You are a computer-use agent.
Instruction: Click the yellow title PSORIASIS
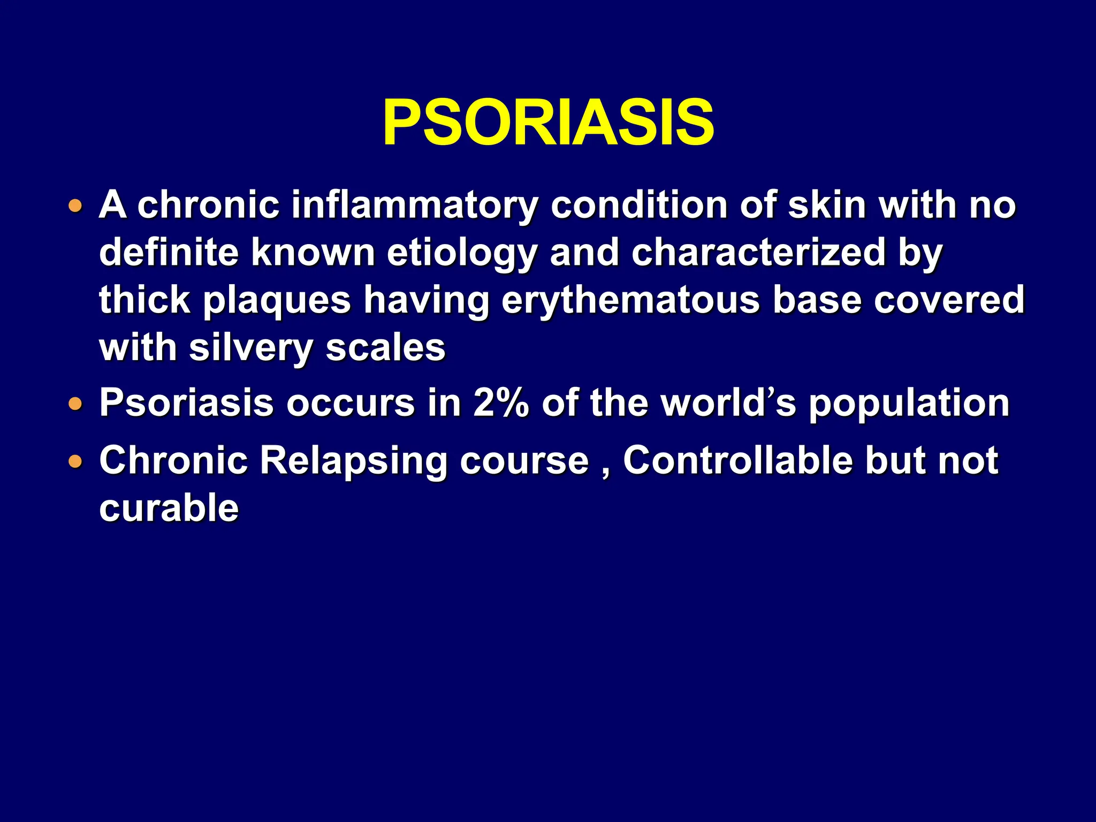click(x=548, y=123)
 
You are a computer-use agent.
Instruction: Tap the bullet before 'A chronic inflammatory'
click(x=76, y=205)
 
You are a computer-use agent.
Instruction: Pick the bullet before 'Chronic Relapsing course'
click(x=76, y=461)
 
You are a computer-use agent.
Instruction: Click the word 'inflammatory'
click(x=414, y=205)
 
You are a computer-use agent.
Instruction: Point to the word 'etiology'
click(x=462, y=254)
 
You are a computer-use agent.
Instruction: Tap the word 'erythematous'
click(x=630, y=300)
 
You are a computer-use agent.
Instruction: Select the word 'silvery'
click(x=250, y=348)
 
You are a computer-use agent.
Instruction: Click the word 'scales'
click(x=385, y=348)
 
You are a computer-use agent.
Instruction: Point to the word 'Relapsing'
click(x=353, y=461)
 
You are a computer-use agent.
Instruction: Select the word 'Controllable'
click(x=737, y=461)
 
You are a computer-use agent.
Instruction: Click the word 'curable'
click(x=169, y=508)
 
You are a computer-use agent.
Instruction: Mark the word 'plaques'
click(x=277, y=300)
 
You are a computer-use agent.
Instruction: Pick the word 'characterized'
click(x=758, y=254)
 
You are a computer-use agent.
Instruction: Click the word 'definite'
click(x=169, y=254)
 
